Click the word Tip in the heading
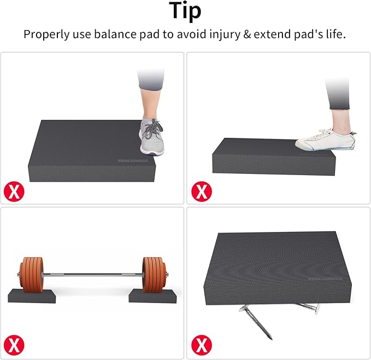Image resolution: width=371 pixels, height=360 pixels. pos(185,10)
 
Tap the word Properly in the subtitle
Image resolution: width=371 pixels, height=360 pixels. pos(47,35)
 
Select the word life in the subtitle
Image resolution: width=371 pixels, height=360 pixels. pos(335,35)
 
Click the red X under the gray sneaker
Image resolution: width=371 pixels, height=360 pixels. pos(14,190)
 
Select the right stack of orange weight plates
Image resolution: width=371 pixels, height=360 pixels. pos(155,275)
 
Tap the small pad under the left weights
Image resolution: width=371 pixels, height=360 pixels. pos(34,297)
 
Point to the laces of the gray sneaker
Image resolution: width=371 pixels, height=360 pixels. pos(152,129)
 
